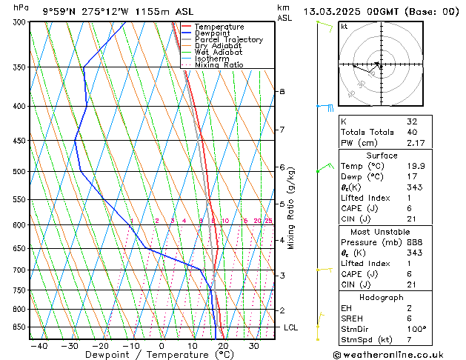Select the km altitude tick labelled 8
(282, 91)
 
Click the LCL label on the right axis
(291, 327)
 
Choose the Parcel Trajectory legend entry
(228, 40)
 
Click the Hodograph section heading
(381, 297)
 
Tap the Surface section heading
(381, 156)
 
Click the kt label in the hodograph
(344, 26)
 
